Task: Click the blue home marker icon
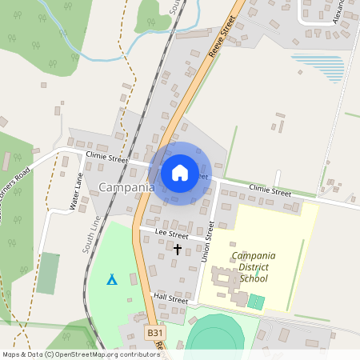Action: [180, 173]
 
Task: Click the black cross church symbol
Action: [178, 249]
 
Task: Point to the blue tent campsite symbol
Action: [112, 279]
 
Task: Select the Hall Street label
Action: [170, 299]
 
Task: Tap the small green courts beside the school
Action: [255, 302]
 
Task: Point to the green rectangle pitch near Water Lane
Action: [48, 272]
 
